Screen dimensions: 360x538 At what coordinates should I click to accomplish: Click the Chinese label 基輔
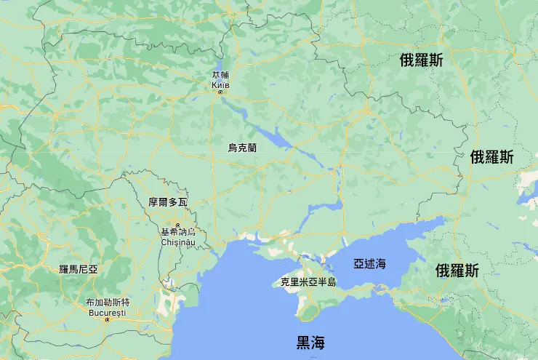(x=220, y=75)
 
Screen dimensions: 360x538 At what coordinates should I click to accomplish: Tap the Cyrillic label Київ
(x=220, y=84)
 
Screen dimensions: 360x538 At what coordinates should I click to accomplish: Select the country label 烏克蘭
(x=242, y=148)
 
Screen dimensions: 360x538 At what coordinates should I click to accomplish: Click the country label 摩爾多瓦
(x=168, y=201)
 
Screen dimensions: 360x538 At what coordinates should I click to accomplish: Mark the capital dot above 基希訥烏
(x=178, y=224)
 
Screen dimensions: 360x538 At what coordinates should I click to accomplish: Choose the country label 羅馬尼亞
(x=79, y=268)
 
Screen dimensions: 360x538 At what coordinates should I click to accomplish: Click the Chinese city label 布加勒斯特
(x=107, y=303)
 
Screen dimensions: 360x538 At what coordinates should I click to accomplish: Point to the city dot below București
(x=107, y=319)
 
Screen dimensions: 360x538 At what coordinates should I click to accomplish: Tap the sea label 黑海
(x=310, y=343)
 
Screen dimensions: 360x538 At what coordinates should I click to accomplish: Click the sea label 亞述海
(x=370, y=263)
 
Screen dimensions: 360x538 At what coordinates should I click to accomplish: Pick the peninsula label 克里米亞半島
(x=308, y=281)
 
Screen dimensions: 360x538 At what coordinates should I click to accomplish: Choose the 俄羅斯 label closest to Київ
(x=422, y=60)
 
